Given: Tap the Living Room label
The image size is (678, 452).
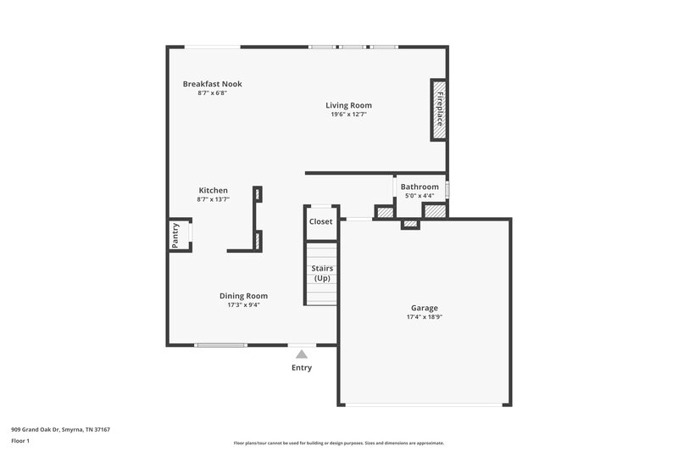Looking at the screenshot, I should tap(348, 105).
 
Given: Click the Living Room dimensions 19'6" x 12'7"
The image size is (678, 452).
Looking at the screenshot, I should tap(348, 114).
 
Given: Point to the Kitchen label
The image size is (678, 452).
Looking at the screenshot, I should tap(213, 190).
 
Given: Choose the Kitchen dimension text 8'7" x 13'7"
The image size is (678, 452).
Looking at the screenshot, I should tap(213, 199).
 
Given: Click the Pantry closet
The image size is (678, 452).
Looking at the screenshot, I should tap(177, 235).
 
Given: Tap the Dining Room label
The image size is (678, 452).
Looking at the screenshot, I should tap(243, 296).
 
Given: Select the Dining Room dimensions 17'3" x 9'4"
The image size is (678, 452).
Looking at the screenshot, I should tap(243, 305).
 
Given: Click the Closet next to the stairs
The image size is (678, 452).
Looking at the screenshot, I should tap(321, 221).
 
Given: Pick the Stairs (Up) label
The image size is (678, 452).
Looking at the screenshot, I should tap(322, 273).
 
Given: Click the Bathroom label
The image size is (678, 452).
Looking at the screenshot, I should tap(420, 187).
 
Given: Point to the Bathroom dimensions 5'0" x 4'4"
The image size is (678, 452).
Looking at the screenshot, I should tap(420, 196).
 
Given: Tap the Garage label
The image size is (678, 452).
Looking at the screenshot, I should tap(425, 308).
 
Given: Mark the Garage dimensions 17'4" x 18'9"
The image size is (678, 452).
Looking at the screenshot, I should tap(425, 317).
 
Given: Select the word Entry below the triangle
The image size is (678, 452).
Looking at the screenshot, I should tap(302, 368).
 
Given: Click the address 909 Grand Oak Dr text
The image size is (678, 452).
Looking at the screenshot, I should tap(60, 429).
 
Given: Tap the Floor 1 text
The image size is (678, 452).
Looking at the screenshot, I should tap(20, 441).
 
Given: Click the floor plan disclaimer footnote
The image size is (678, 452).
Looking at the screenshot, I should tap(338, 443).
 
